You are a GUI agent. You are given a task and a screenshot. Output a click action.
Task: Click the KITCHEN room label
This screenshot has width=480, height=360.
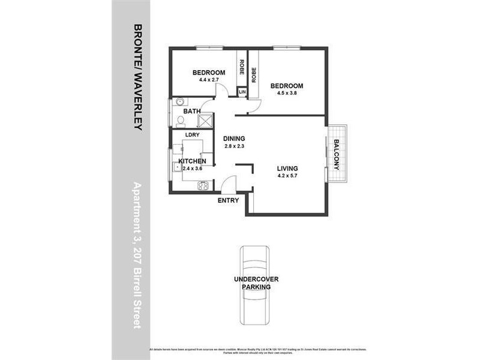click(x=193, y=161)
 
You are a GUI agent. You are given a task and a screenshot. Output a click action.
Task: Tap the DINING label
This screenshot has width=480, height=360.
click(x=234, y=138)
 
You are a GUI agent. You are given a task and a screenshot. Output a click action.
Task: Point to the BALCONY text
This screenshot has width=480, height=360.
click(x=337, y=155)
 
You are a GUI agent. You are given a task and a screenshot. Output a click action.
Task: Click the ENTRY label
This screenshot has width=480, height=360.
click(x=229, y=200)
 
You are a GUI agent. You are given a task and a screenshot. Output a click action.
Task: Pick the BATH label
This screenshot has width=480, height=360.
click(x=191, y=111)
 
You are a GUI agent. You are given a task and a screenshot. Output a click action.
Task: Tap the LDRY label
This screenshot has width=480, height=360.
click(x=192, y=135)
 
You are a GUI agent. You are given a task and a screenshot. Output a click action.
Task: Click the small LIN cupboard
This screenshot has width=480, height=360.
click(x=242, y=92)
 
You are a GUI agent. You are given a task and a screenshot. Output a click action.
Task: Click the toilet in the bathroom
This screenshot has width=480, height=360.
click(x=179, y=121)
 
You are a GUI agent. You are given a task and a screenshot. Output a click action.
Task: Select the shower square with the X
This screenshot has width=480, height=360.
click(x=206, y=121)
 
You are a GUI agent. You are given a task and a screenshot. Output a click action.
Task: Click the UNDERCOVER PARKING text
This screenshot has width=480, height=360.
click(x=256, y=283)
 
